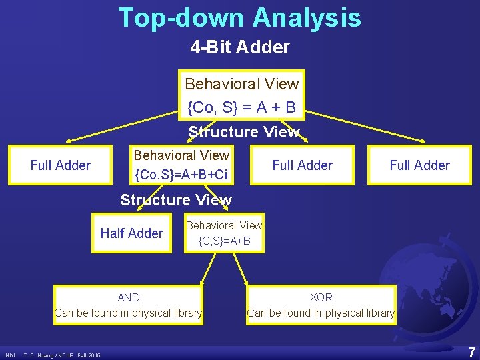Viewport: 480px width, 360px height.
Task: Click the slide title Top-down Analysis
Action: click(240, 17)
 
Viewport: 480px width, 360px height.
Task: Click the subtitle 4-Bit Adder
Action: click(240, 47)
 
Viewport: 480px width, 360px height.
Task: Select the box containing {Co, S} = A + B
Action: click(242, 95)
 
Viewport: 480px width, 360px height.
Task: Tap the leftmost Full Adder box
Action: click(61, 165)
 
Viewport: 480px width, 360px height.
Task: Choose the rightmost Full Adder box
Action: click(419, 165)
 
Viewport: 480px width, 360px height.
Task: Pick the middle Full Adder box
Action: click(302, 165)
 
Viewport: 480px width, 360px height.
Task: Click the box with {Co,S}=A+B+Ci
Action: click(181, 165)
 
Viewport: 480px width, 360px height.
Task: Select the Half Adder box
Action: click(131, 233)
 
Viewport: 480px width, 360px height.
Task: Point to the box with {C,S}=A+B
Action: click(224, 233)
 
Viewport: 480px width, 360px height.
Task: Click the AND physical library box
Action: click(128, 305)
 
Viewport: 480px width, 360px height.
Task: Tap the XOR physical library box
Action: click(321, 305)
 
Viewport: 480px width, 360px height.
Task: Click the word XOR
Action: click(321, 297)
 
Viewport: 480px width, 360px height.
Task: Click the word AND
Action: click(128, 297)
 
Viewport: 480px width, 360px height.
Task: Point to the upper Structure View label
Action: click(243, 131)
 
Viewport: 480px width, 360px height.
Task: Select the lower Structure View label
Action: click(175, 200)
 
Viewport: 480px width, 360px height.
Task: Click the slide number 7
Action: click(471, 351)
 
